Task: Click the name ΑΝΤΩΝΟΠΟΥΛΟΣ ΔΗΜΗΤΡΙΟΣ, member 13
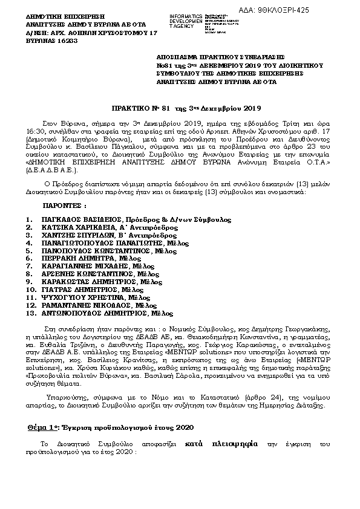[82, 313]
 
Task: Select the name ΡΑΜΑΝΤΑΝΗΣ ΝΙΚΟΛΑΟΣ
[79, 305]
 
